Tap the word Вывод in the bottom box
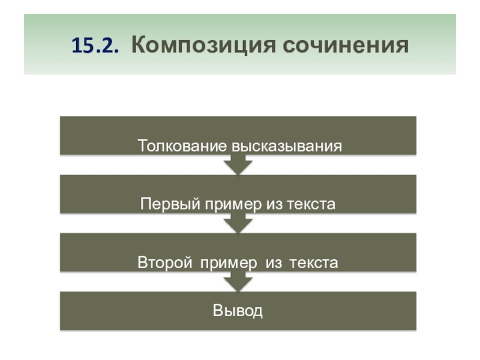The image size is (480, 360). [x=238, y=311]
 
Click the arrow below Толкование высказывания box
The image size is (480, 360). [x=238, y=164]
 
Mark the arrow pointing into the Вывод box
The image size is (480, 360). [x=238, y=281]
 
